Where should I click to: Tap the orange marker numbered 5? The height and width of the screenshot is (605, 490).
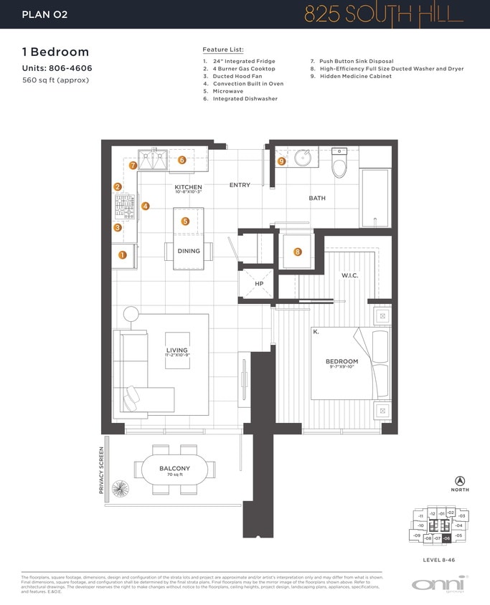click(x=185, y=222)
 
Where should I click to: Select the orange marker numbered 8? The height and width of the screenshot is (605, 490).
click(x=298, y=252)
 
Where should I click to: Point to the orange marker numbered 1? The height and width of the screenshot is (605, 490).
click(x=122, y=254)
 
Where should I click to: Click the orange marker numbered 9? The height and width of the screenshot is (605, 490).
click(x=282, y=162)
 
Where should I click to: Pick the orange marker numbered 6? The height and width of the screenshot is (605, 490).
click(x=182, y=161)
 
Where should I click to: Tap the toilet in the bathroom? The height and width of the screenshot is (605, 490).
click(x=339, y=165)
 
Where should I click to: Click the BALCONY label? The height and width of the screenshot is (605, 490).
click(x=175, y=470)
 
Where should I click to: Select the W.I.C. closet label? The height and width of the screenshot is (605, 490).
click(x=349, y=275)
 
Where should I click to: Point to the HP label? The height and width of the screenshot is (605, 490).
click(x=259, y=284)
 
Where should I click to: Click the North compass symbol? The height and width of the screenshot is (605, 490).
click(x=460, y=481)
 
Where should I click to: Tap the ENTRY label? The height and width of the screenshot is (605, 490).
click(x=240, y=185)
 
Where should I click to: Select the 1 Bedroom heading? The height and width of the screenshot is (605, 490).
click(x=56, y=52)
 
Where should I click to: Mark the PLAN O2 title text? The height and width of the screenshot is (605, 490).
click(x=45, y=14)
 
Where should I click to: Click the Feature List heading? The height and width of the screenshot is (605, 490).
click(x=223, y=49)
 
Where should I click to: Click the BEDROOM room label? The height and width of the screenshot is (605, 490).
click(x=341, y=361)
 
